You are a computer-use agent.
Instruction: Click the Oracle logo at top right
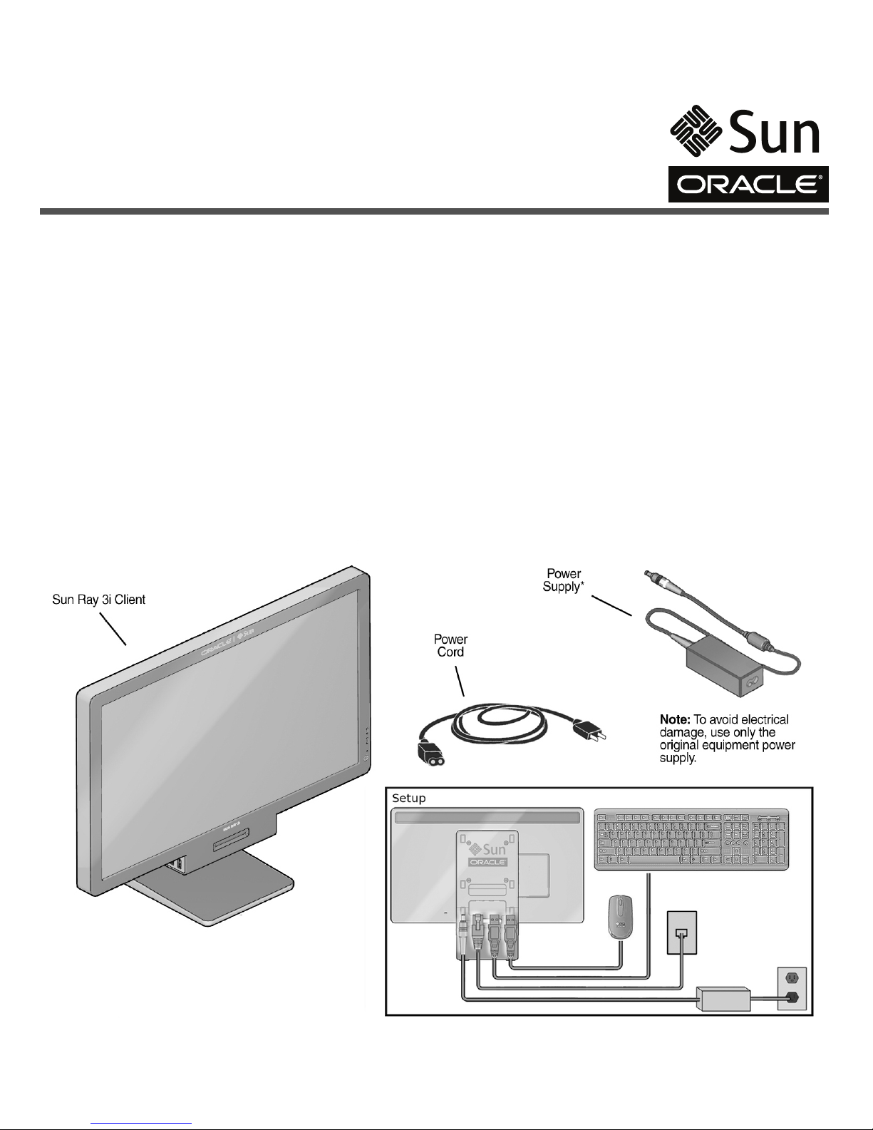[x=748, y=185]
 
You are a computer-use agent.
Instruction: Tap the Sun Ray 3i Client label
[x=99, y=600]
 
